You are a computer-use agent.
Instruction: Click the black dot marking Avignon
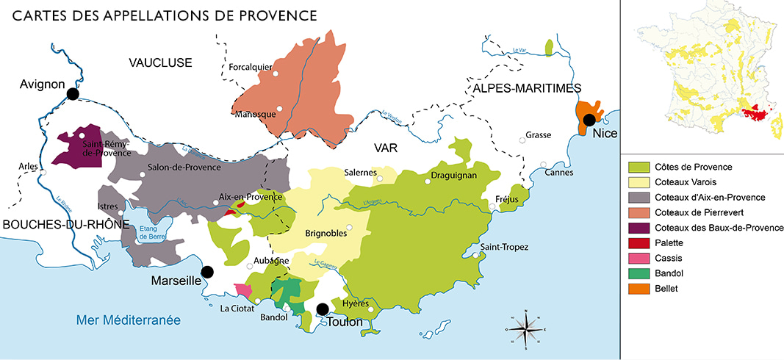pos(72,94)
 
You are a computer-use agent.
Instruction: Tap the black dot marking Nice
pos(589,120)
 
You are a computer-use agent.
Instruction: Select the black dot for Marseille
pos(207,272)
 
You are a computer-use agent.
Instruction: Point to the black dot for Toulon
pos(321,309)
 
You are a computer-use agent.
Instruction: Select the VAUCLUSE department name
pos(160,62)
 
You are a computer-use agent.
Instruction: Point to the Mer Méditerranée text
pos(129,320)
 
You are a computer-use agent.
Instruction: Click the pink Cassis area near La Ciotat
pos(242,290)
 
